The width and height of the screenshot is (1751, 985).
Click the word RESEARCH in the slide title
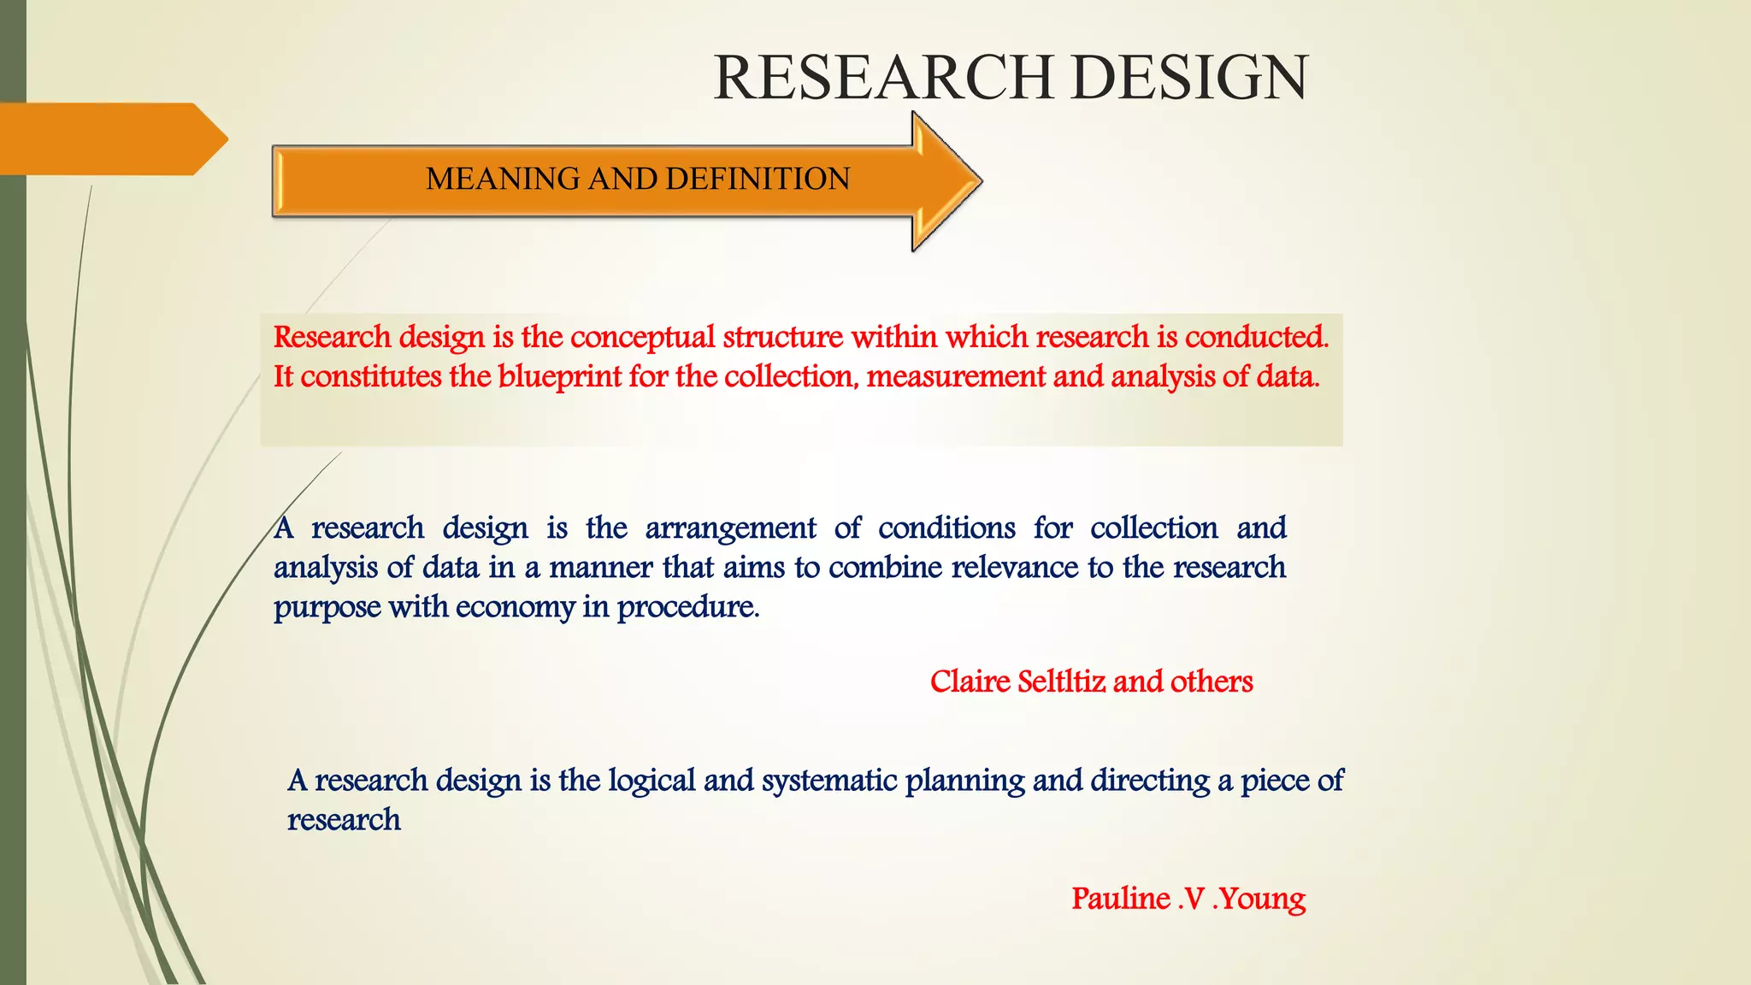pos(883,78)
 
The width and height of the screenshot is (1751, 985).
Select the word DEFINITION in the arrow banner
pos(758,179)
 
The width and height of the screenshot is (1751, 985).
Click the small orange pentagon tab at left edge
pos(111,139)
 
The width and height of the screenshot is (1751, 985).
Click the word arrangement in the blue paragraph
pos(730,528)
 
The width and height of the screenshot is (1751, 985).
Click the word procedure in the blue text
pos(687,608)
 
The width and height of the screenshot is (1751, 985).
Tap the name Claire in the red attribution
pos(970,681)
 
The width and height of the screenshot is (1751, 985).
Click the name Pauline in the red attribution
pos(1121,899)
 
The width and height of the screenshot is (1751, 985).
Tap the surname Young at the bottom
pos(1262,899)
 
